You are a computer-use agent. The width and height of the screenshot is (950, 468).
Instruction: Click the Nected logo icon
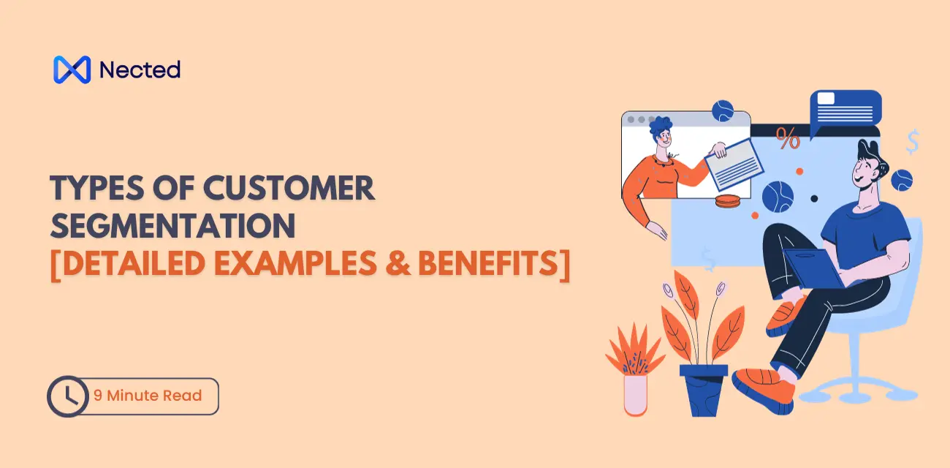tap(72, 69)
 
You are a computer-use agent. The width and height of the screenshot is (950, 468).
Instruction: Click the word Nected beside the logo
tap(140, 70)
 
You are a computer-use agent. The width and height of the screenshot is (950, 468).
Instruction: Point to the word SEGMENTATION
tap(172, 227)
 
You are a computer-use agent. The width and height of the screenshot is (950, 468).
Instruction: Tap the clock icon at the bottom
tap(68, 396)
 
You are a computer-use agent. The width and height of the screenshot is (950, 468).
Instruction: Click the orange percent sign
tap(788, 138)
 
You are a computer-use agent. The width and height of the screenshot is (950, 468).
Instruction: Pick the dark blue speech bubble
tap(845, 110)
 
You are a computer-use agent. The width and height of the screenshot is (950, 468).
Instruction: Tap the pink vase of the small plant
tap(635, 393)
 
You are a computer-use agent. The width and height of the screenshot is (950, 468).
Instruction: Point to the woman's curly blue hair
tap(660, 127)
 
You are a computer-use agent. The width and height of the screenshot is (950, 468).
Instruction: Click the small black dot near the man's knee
tap(814, 198)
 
